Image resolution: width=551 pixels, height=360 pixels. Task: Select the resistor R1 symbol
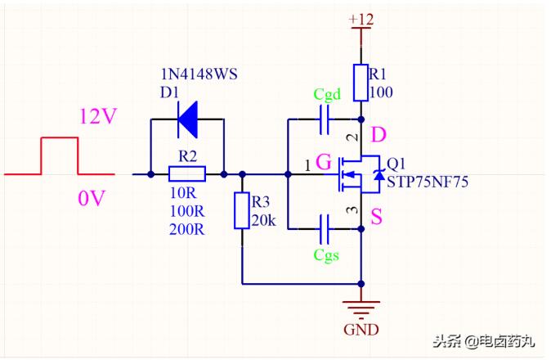(x=361, y=82)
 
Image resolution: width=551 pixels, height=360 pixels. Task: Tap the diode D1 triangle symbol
(x=187, y=120)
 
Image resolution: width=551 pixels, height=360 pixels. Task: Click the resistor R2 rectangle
(x=186, y=173)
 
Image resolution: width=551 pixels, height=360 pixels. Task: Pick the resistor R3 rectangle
(x=242, y=211)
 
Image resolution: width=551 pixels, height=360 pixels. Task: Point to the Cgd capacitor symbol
(x=324, y=120)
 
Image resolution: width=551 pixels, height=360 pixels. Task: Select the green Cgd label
(x=328, y=93)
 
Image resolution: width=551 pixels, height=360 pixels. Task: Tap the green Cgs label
(x=328, y=255)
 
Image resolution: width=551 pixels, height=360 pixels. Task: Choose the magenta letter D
(x=379, y=134)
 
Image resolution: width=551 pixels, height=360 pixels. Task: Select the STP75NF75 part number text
(x=427, y=182)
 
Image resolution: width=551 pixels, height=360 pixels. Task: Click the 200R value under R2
(x=186, y=229)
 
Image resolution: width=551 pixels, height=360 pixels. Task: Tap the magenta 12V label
(x=98, y=116)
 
